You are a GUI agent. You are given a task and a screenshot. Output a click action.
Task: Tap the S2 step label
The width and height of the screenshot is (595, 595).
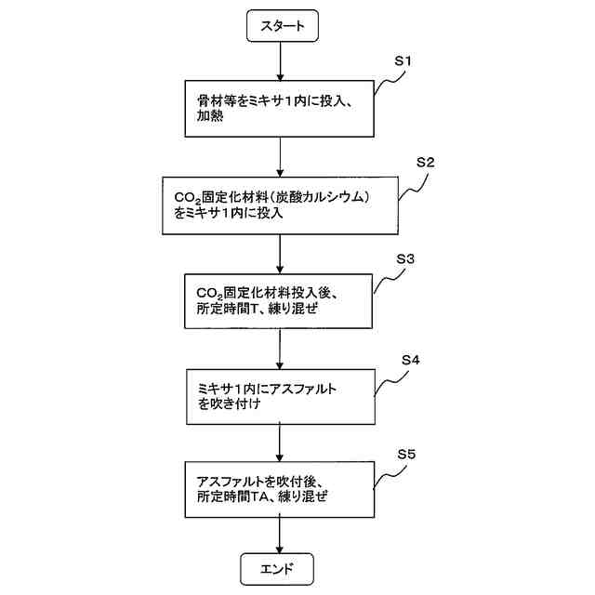(x=426, y=161)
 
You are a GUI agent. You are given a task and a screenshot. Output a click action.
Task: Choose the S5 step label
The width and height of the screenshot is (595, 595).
(x=405, y=456)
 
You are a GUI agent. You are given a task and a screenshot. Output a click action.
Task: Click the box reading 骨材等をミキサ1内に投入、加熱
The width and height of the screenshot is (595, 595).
(x=279, y=110)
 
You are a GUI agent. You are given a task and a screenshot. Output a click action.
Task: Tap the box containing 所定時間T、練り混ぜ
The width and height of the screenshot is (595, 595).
(x=279, y=300)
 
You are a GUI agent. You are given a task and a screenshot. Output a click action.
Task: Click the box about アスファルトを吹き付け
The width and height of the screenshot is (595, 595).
(x=279, y=395)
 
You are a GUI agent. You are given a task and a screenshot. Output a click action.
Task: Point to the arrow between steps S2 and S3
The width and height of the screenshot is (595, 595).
(x=280, y=252)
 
